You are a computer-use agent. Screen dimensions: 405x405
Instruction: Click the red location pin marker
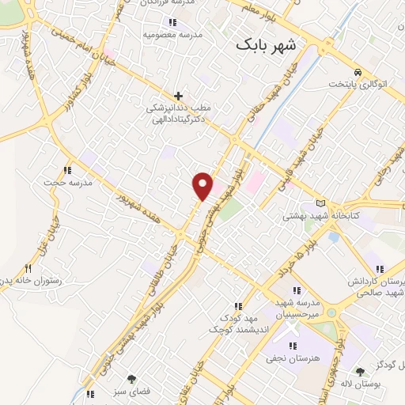[203, 185]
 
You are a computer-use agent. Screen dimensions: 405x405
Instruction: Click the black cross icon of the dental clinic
[179, 96]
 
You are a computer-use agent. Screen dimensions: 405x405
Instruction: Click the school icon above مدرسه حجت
[68, 169]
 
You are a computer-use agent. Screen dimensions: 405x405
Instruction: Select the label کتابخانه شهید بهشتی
[316, 214]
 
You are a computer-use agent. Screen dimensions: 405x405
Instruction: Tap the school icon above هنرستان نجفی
[293, 345]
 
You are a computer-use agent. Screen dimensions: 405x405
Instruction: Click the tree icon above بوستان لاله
[360, 371]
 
